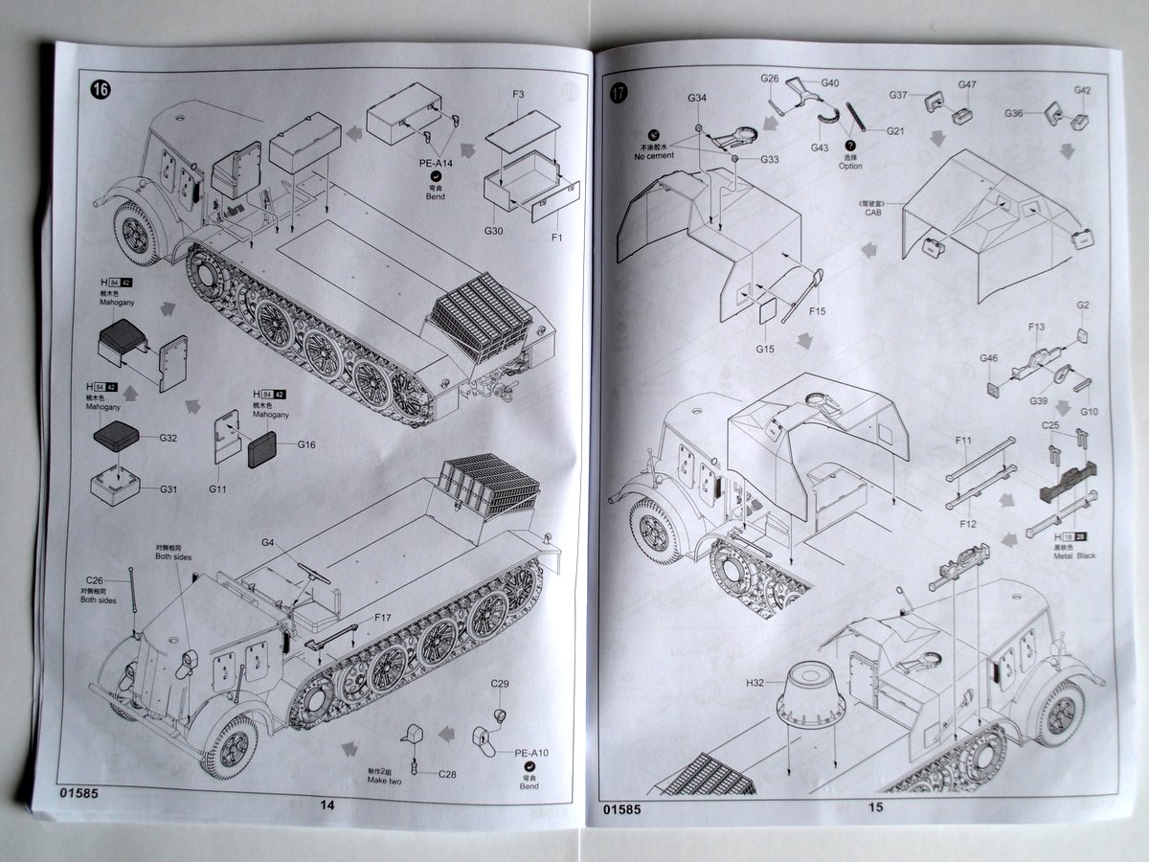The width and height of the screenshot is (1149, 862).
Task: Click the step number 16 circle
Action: tap(101, 90)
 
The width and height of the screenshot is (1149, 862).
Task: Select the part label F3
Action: tap(518, 95)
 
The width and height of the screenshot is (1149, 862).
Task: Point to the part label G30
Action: tap(494, 231)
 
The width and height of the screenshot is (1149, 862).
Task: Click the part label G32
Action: tap(169, 438)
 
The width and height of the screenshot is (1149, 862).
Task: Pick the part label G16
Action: tap(306, 444)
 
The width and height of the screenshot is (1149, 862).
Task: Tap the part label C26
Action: tap(94, 579)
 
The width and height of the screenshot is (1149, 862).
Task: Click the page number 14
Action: tap(327, 805)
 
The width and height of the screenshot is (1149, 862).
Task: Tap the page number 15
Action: tap(875, 807)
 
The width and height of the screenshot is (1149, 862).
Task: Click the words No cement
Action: tap(654, 155)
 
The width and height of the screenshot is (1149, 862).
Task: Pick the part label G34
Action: tap(697, 99)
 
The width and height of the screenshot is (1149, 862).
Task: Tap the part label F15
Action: tap(817, 310)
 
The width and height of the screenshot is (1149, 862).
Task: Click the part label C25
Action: tap(1050, 424)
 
